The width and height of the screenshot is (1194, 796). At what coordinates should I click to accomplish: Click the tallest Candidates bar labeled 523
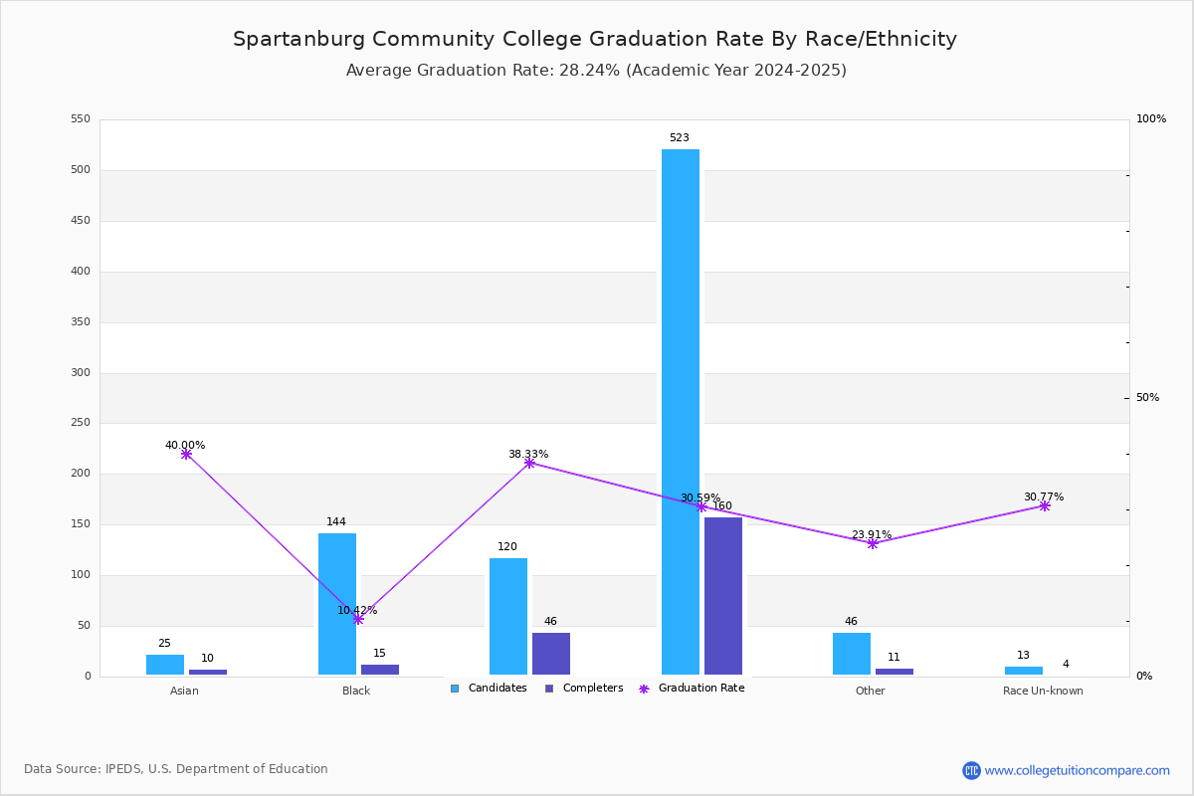[681, 412]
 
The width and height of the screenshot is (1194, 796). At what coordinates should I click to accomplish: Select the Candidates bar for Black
[337, 604]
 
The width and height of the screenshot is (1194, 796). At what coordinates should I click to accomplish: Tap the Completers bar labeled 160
[722, 596]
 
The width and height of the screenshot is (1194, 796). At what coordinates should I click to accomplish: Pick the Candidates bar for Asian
[165, 665]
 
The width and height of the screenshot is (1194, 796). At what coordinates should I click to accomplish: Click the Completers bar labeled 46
[550, 654]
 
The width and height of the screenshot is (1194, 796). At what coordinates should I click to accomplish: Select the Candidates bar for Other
[852, 654]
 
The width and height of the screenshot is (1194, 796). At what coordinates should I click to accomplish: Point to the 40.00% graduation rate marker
[186, 455]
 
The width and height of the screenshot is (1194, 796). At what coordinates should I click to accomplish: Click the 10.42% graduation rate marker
[358, 619]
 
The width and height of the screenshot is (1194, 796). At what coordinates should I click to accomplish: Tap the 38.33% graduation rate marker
[529, 464]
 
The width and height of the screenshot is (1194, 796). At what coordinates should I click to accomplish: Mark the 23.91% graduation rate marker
[872, 544]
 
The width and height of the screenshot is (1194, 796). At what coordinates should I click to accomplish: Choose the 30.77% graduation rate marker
[1044, 506]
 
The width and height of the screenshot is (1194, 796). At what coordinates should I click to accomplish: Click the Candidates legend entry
[489, 689]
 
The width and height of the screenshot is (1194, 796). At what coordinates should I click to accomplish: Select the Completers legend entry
[584, 689]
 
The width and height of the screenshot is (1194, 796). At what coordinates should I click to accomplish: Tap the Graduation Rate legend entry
[692, 689]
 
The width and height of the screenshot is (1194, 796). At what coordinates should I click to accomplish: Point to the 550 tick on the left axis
[81, 118]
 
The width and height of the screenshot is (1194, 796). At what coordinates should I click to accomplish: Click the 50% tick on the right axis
[1147, 397]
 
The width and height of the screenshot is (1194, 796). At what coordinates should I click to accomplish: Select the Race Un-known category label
[1043, 691]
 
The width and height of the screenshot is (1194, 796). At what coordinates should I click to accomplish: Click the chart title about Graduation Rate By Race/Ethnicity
[595, 39]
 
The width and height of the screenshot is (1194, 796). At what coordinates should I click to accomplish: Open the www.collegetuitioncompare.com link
[1077, 770]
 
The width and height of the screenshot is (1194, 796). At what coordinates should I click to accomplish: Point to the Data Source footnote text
[176, 769]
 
